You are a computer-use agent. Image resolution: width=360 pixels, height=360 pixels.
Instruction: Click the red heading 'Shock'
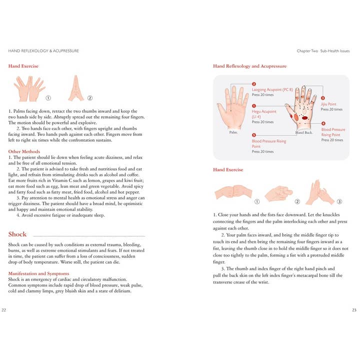17,234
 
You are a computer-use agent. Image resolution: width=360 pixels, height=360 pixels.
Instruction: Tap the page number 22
4,310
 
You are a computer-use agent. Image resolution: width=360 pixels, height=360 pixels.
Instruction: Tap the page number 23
354,310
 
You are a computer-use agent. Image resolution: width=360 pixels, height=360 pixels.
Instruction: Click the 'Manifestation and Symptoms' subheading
39,273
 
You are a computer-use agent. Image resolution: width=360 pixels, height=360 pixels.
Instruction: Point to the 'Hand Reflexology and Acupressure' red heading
249,66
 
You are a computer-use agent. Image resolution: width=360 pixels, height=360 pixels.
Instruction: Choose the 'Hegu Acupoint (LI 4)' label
264,114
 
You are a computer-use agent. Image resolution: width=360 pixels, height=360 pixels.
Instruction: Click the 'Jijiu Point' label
328,104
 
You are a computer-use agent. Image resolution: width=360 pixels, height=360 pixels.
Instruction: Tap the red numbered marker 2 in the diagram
254,84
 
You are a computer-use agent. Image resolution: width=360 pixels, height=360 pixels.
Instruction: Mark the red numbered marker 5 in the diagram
254,135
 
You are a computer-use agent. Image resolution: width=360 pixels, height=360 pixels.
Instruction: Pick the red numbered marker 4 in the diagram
323,123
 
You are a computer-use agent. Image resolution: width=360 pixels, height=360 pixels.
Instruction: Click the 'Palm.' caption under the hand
233,132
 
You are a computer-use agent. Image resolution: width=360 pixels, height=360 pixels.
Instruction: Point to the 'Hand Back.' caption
304,132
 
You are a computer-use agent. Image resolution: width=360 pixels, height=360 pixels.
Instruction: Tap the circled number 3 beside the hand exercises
339,201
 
